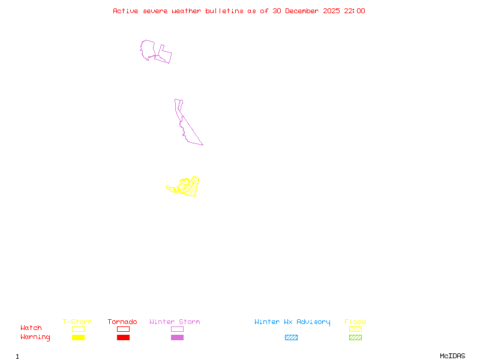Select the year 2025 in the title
tap(332, 11)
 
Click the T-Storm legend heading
tap(77, 322)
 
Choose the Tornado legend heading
tap(122, 322)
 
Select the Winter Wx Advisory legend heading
tap(292, 322)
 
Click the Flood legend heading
tap(355, 322)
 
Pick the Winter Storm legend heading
tap(175, 322)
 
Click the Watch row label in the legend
tap(31, 328)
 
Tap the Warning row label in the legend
tap(35, 337)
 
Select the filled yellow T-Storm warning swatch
tap(78, 338)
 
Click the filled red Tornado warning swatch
tap(123, 338)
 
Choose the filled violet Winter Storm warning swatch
tap(177, 338)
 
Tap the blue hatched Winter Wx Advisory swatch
tap(291, 338)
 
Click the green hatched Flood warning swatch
tap(355, 338)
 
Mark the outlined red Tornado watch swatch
tap(123, 329)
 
